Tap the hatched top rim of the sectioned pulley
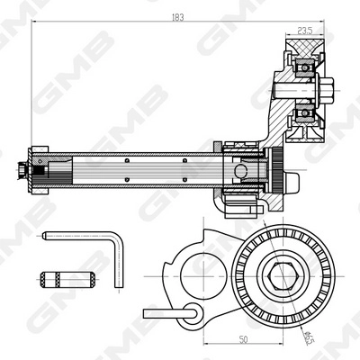coord(301,46)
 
